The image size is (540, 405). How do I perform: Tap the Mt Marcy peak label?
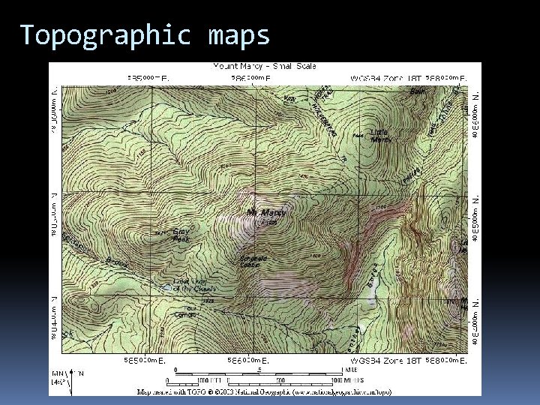(265, 213)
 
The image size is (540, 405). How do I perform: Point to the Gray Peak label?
(181, 235)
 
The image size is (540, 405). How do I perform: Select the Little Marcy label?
(381, 135)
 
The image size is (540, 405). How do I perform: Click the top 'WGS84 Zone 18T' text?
(385, 77)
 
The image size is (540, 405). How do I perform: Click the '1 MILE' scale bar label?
(351, 370)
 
